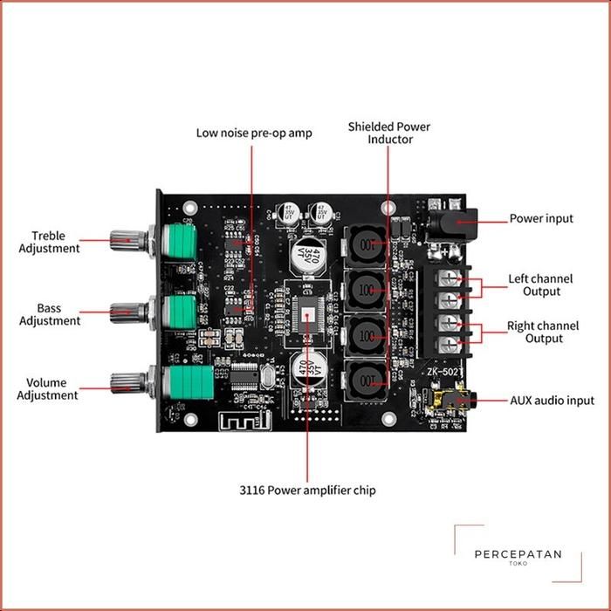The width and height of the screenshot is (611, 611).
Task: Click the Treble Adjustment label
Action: tap(55, 242)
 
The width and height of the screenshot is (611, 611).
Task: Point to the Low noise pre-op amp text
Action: tap(253, 133)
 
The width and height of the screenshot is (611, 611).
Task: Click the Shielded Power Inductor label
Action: tap(389, 133)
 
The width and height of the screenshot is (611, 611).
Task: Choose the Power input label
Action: tap(541, 218)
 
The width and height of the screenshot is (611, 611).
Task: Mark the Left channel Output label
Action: tap(541, 285)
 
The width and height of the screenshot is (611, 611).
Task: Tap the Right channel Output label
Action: tap(542, 332)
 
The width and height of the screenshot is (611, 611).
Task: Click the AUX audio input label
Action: tap(552, 401)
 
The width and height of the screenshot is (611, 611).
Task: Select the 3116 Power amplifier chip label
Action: tap(306, 491)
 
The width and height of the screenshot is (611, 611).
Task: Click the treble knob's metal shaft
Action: tap(129, 239)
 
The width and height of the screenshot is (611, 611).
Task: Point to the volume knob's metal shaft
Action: tap(129, 381)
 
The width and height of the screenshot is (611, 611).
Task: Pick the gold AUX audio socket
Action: tap(441, 402)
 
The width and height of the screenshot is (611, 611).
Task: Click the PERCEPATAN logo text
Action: tap(518, 554)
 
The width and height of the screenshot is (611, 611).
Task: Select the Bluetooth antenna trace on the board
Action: tap(245, 421)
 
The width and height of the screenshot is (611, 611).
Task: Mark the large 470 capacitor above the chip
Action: tap(310, 253)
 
